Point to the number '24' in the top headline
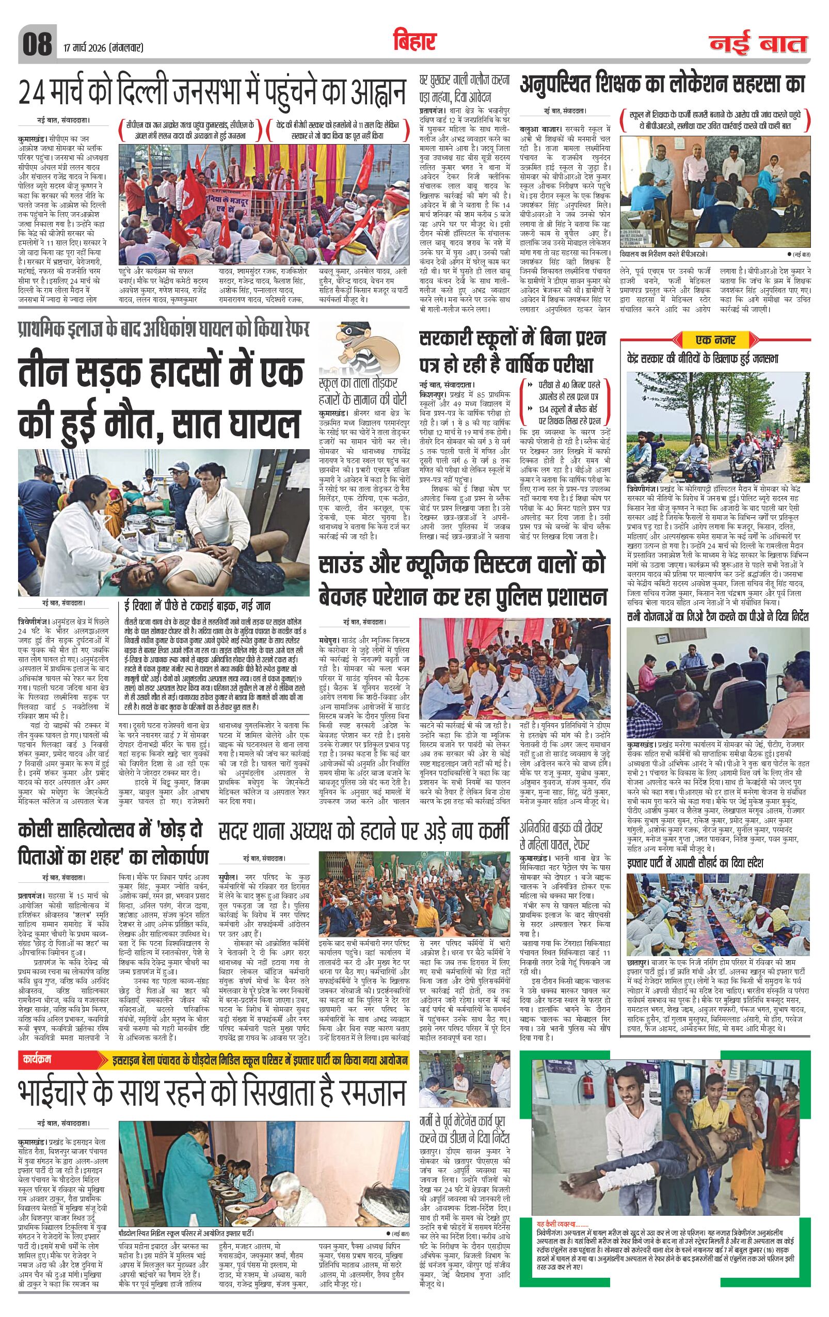[x=35, y=93]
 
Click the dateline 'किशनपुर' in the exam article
[x=434, y=394]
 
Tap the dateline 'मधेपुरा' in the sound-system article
[x=330, y=638]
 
